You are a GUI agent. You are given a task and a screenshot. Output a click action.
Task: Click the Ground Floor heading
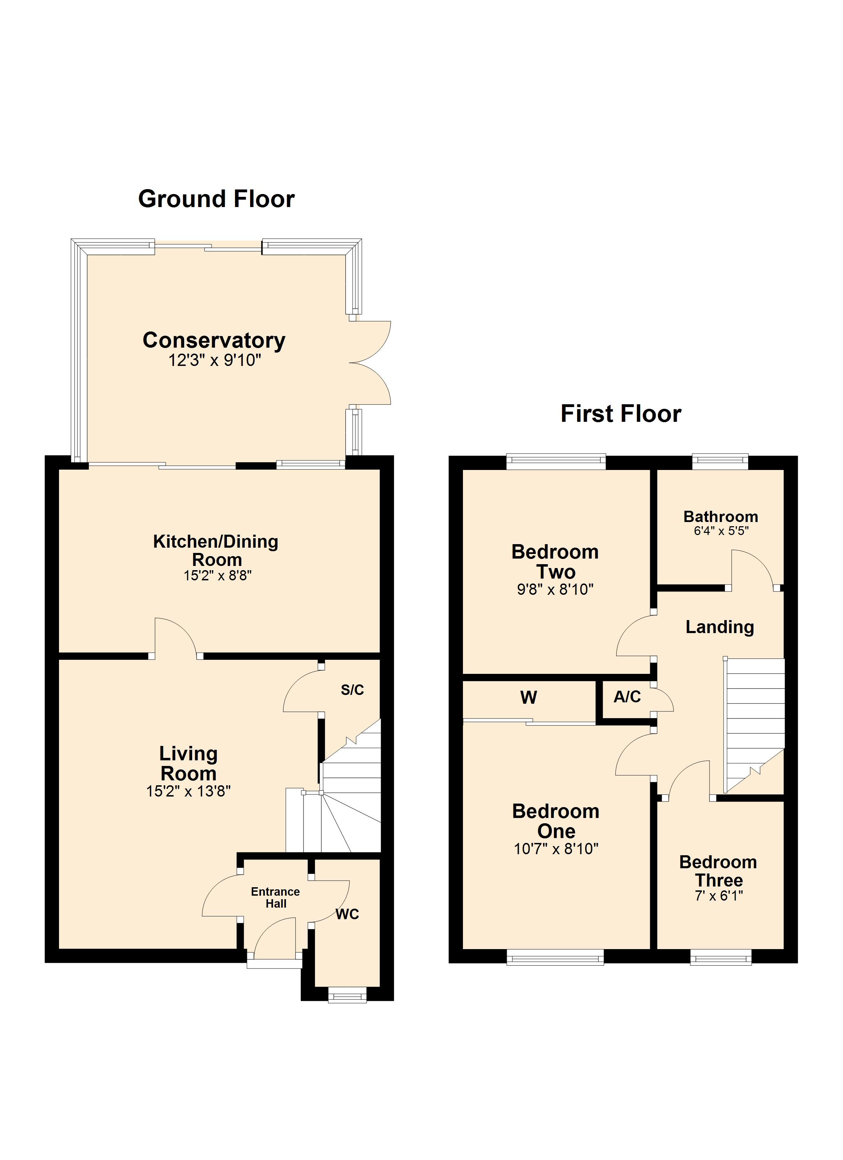[x=216, y=199]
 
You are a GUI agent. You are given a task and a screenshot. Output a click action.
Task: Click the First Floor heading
[x=621, y=414]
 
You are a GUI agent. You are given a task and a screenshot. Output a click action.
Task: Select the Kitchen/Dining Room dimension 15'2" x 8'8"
[x=218, y=575]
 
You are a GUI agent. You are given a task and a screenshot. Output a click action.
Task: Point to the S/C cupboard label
[x=352, y=690]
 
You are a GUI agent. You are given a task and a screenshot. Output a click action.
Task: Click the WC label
[x=347, y=914]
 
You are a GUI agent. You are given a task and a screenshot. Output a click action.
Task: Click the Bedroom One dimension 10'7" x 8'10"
[x=556, y=849]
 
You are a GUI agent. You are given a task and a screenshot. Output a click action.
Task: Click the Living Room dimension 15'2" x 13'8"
[x=188, y=791]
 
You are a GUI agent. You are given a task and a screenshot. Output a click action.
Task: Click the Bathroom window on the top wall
[x=720, y=461]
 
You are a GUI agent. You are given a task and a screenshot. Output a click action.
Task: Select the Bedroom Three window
[x=721, y=957]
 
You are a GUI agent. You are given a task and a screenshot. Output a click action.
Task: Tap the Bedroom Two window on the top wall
[x=556, y=461]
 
